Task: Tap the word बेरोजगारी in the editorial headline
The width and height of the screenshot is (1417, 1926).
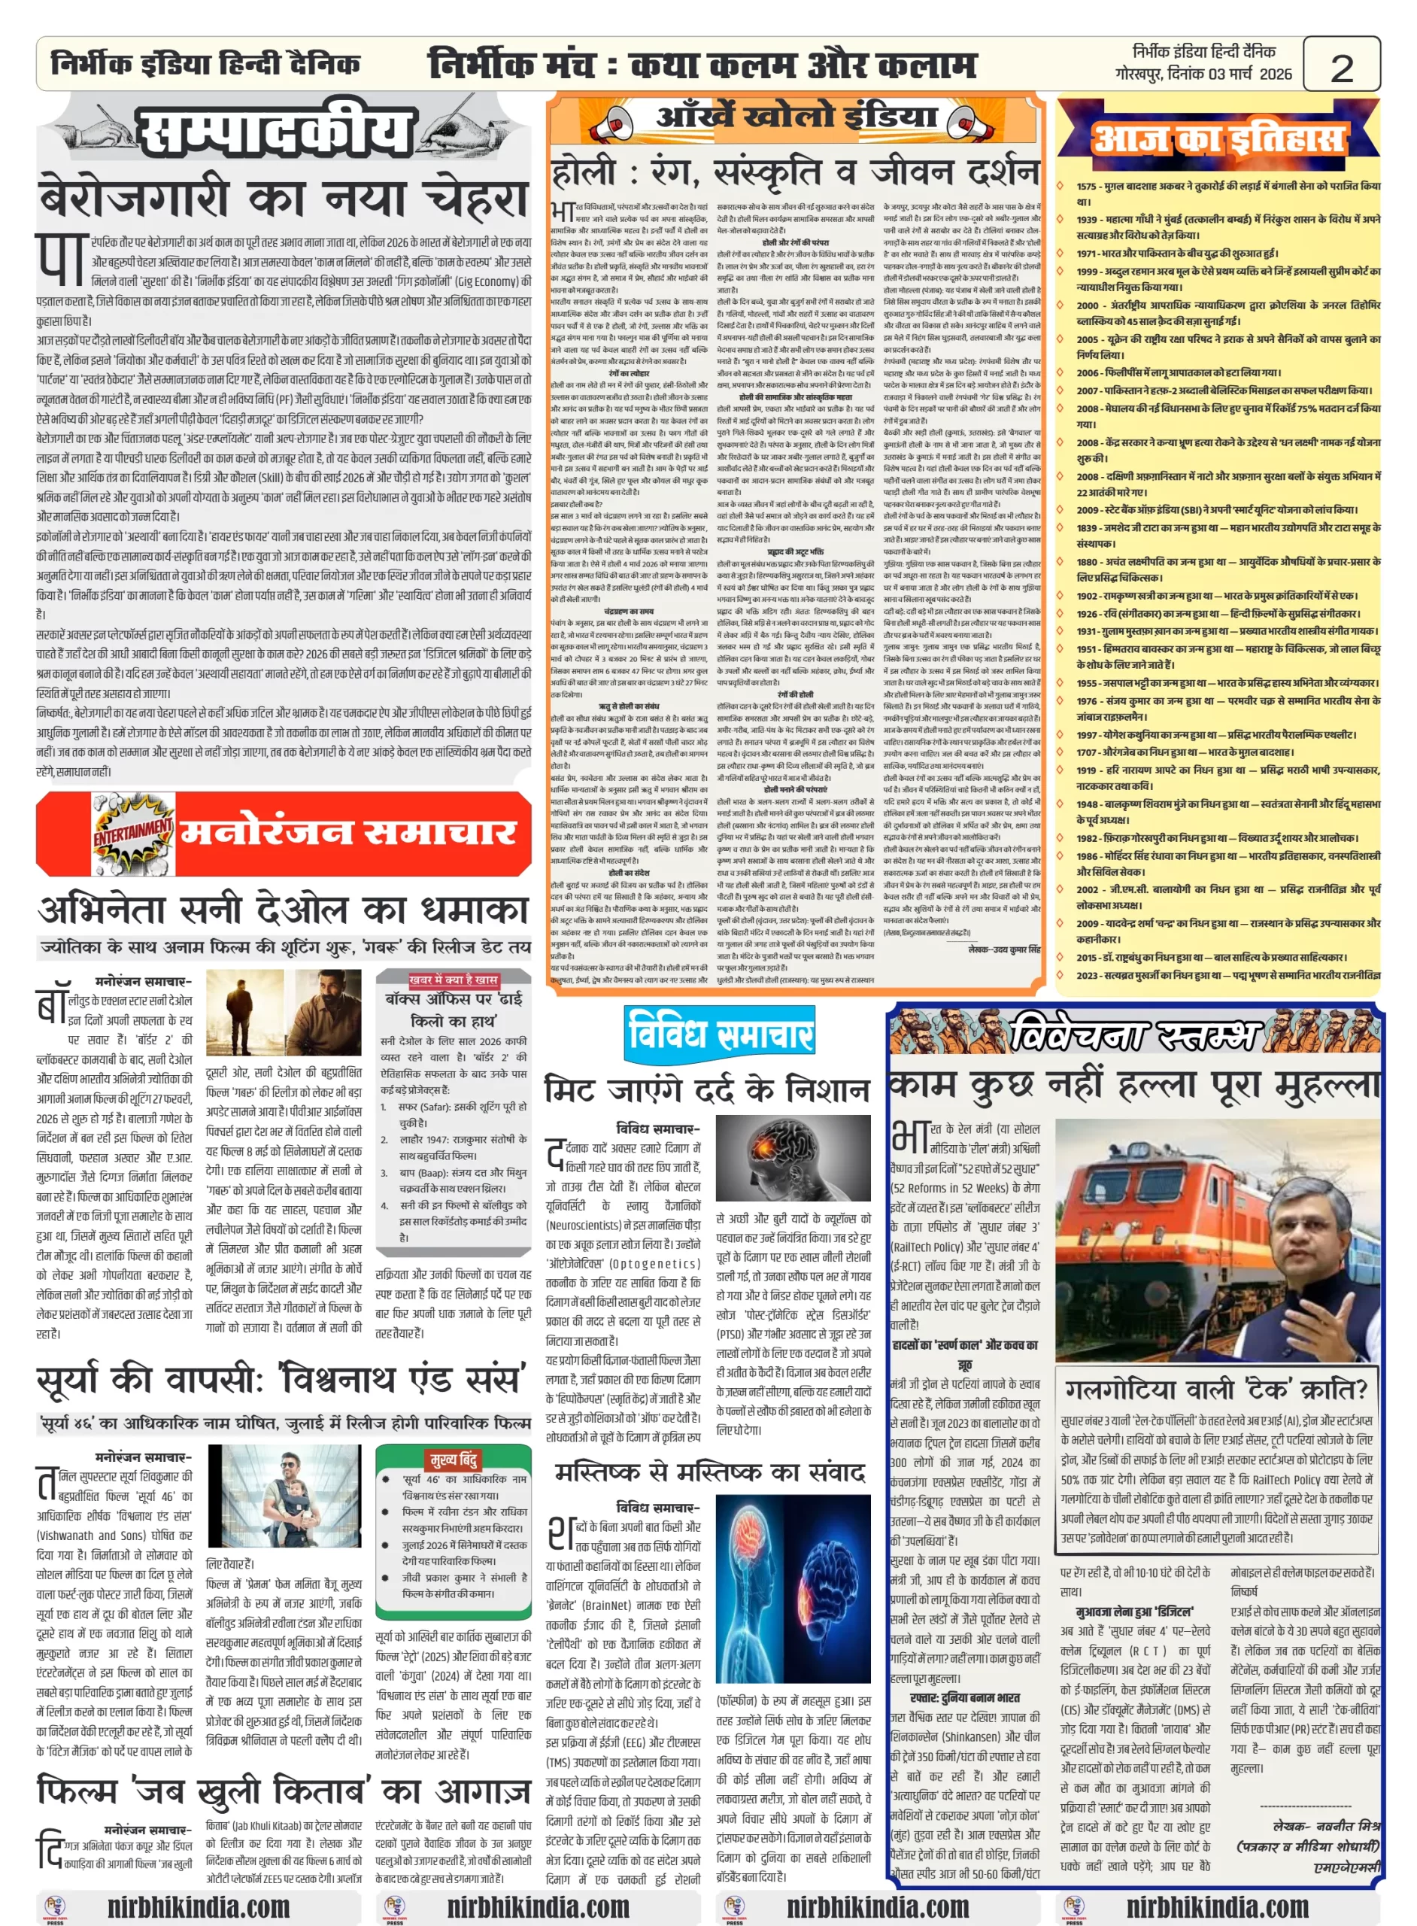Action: click(x=133, y=199)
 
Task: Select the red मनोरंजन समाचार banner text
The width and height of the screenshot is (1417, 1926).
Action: click(x=347, y=832)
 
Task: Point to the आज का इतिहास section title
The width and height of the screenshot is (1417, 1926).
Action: click(x=1218, y=138)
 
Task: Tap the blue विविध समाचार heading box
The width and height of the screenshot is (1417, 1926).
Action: click(x=720, y=1033)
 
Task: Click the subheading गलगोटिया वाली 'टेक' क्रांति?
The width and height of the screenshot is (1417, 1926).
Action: click(x=1216, y=1389)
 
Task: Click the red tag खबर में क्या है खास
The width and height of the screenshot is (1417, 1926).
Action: click(x=453, y=979)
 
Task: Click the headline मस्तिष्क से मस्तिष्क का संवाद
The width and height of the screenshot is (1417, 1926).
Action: click(x=709, y=1473)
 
